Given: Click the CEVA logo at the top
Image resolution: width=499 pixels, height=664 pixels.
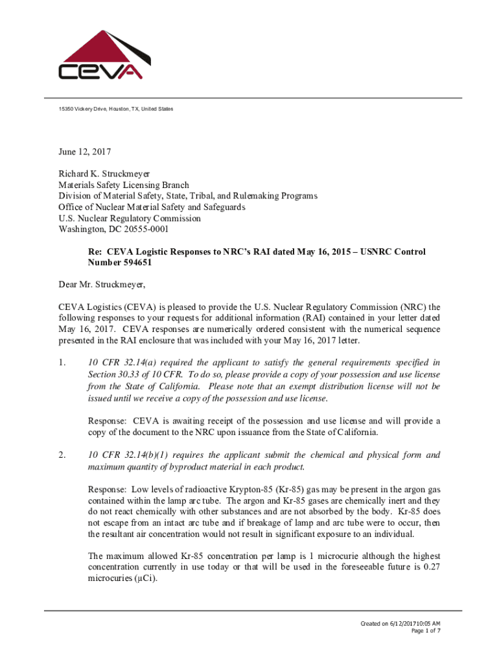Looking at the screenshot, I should [x=104, y=56].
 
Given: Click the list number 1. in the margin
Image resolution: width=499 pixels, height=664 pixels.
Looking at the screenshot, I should [x=62, y=362].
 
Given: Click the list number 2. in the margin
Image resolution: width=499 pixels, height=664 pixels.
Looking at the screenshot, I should [x=62, y=455].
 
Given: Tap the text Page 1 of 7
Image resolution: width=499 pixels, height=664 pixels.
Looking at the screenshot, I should [x=426, y=631].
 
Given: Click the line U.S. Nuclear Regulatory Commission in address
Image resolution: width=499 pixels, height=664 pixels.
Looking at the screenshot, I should [x=130, y=218].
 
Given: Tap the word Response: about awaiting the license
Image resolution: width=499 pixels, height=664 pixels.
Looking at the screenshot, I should [x=107, y=421].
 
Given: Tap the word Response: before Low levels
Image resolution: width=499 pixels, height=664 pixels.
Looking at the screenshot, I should [x=107, y=490].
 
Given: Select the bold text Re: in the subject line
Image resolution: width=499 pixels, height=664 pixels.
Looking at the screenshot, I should [x=96, y=252].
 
